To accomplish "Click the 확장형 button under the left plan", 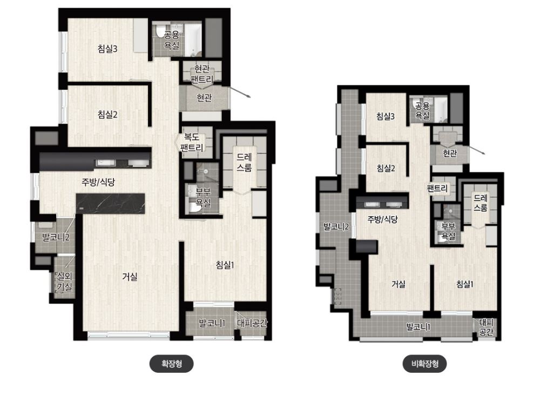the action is (x=171, y=364).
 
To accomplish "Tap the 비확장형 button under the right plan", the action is (x=424, y=364).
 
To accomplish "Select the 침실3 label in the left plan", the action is (x=107, y=49).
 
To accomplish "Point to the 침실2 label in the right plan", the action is (x=386, y=169).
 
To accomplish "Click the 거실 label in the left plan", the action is (x=130, y=277).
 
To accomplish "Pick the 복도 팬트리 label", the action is (x=192, y=143).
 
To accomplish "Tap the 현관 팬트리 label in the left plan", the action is (x=202, y=73).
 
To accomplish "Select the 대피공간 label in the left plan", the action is (x=252, y=323).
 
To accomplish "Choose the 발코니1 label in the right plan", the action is (x=418, y=327).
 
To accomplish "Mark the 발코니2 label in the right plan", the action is (x=336, y=226).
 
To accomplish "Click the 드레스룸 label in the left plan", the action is (x=244, y=163).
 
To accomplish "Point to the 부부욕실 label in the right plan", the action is (x=448, y=231).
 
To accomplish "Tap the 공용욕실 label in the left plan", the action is (x=172, y=40).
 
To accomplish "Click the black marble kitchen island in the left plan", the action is (x=111, y=204).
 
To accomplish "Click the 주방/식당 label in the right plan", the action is (x=382, y=219).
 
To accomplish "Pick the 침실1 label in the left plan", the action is (x=225, y=265).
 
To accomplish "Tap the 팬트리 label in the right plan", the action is (x=437, y=189).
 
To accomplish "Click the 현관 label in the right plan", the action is (x=450, y=153).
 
